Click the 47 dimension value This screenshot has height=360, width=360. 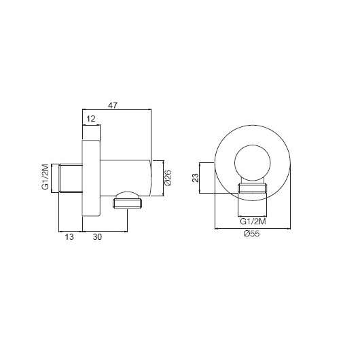tap(113, 105)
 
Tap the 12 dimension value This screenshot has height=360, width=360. tap(91, 119)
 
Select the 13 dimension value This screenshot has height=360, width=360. tap(69, 236)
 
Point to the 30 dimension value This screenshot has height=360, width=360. tap(97, 236)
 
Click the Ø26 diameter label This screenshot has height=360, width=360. tap(168, 178)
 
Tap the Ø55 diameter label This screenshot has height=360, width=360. tap(252, 234)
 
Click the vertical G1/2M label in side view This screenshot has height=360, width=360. tap(45, 177)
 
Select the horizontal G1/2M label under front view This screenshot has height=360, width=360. tap(253, 221)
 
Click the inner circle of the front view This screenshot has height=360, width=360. tap(253, 145)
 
